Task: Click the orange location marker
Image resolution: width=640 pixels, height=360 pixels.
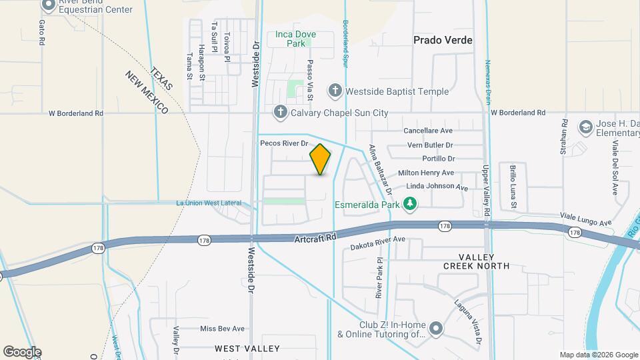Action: point(321,159)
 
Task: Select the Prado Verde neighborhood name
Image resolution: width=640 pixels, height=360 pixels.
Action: point(443,40)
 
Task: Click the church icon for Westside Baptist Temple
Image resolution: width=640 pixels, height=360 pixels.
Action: point(335,91)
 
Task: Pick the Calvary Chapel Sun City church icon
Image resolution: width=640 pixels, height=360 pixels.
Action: point(281,112)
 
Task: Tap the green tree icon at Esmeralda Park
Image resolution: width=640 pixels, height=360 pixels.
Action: point(411,203)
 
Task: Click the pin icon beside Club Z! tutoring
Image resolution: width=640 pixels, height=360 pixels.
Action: point(436,329)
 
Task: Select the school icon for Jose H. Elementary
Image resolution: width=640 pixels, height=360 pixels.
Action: point(585,127)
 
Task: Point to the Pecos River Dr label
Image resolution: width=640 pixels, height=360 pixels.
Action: point(284,143)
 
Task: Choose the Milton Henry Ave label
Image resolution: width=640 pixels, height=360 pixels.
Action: point(426,173)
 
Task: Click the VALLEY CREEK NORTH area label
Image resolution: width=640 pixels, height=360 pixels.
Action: point(476,261)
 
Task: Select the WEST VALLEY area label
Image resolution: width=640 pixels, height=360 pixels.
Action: point(247,349)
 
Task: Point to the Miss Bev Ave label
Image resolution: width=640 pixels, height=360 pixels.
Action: point(222,329)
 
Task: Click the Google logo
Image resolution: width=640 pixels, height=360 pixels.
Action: point(22,352)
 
